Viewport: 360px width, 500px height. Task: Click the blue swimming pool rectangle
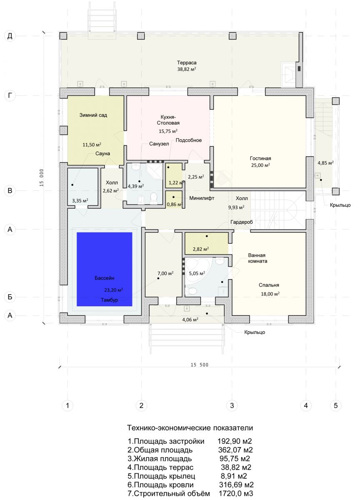105,269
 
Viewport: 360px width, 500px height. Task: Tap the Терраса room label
187,63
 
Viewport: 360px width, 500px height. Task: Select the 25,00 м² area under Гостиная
260,165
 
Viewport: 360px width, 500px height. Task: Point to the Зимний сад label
93,115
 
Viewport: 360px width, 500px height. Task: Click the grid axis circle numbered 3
232,405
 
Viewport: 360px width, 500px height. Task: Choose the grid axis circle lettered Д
10,36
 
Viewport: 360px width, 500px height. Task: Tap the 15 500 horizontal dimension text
200,365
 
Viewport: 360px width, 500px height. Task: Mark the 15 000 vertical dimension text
42,177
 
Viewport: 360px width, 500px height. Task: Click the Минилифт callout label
202,198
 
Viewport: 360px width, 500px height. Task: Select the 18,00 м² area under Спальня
270,294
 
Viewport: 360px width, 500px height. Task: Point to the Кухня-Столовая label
168,120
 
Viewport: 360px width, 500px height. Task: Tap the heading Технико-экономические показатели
190,427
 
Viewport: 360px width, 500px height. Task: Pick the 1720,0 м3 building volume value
236,493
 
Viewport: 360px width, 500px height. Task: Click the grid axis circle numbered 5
336,405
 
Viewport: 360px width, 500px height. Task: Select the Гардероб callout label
242,222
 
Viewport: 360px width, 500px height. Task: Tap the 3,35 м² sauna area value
80,201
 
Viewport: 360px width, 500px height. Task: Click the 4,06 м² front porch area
190,320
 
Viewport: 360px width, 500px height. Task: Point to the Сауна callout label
102,154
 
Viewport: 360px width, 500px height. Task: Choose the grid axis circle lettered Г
10,95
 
